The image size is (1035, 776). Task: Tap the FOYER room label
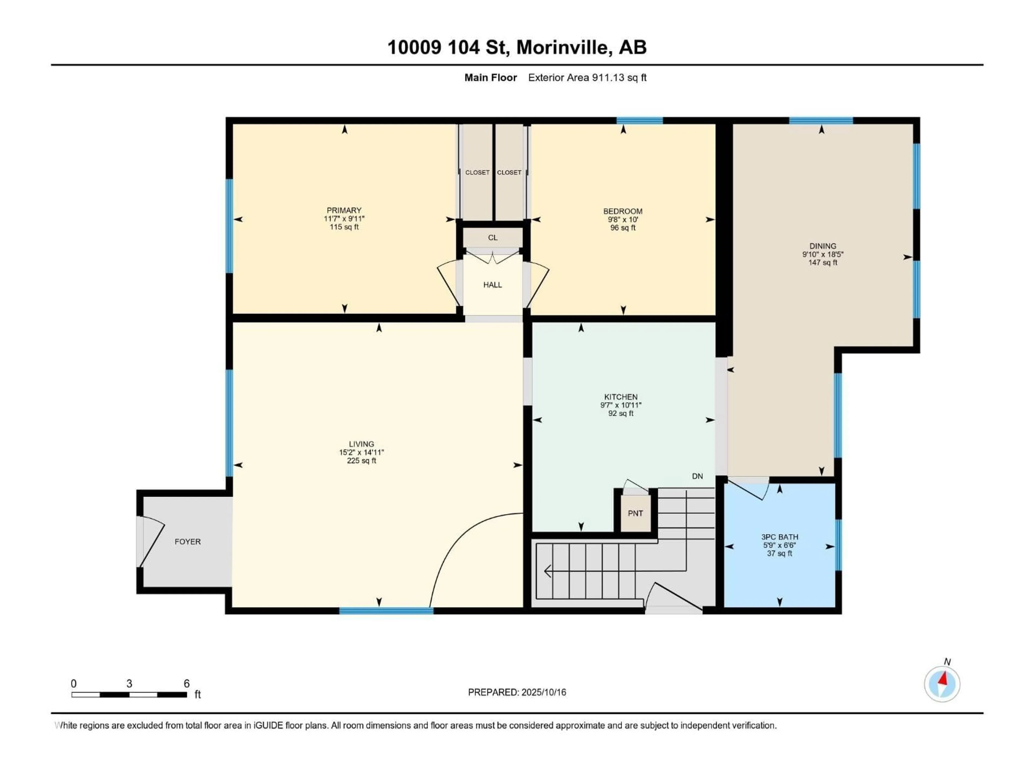click(x=188, y=542)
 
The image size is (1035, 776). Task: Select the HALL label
click(x=492, y=285)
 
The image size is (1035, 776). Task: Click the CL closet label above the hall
click(x=493, y=238)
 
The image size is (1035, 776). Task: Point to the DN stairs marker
click(x=697, y=476)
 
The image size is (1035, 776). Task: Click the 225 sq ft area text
click(x=361, y=461)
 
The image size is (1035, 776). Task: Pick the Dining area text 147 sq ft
click(x=823, y=263)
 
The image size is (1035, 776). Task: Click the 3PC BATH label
click(x=779, y=537)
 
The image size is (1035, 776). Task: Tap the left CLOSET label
click(x=477, y=173)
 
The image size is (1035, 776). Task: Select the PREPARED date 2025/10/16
click(x=543, y=692)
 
